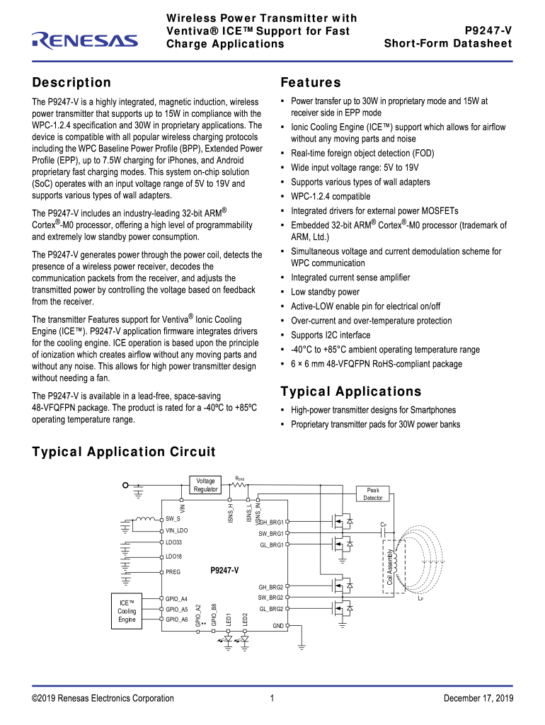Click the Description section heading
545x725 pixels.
[x=71, y=83]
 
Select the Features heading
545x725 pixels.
[x=311, y=83]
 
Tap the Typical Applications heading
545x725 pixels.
[x=350, y=392]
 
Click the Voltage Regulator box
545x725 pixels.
[x=205, y=485]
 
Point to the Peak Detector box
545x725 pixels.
[x=373, y=493]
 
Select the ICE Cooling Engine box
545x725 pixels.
[x=127, y=610]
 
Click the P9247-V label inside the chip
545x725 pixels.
[x=224, y=570]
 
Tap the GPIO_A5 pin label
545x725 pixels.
[x=176, y=609]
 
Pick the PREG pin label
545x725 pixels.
[x=173, y=572]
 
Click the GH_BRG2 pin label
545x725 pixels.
[x=270, y=587]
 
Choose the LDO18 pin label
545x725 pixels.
[x=173, y=556]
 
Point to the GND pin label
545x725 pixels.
[x=278, y=626]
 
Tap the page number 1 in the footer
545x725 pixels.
[x=272, y=699]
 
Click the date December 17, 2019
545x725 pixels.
[x=478, y=699]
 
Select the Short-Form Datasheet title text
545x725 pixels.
[x=448, y=44]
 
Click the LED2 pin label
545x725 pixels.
[x=245, y=618]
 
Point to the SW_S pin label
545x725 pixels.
[x=173, y=519]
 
